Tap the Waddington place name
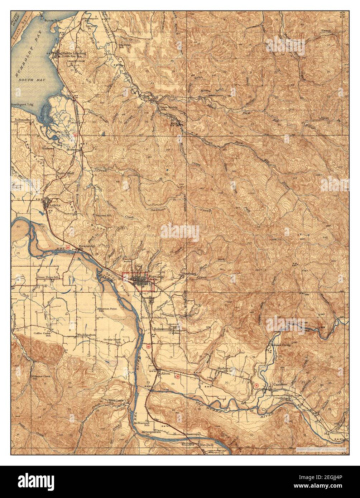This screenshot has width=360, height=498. pyautogui.click(x=86, y=335)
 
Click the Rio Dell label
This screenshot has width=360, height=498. pyautogui.click(x=206, y=445)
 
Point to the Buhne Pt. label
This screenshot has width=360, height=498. pyautogui.click(x=51, y=20)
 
